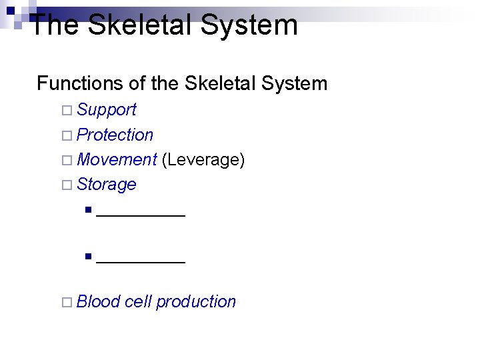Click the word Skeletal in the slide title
[142, 25]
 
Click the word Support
[107, 110]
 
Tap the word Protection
[115, 135]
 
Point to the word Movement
[117, 159]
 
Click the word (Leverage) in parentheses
[203, 160]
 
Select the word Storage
[107, 184]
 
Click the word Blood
[98, 301]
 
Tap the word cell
[138, 301]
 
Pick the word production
[196, 302]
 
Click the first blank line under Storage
[141, 215]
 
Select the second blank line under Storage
[141, 261]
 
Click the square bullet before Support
[64, 111]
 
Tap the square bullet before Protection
[64, 135]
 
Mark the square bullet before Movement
[64, 160]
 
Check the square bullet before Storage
[64, 185]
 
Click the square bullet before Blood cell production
[64, 302]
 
